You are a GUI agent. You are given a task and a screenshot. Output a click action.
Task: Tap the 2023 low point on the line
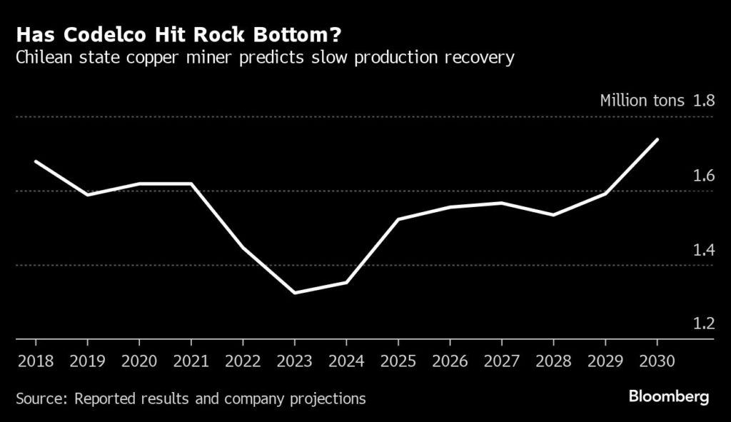coord(295,293)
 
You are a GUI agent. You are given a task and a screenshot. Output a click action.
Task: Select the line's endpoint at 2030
coord(657,139)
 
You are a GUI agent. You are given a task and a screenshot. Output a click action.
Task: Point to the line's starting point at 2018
coord(36,161)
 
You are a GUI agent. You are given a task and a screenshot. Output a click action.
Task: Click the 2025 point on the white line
coord(398,219)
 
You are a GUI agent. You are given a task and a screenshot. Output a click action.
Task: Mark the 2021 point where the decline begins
coord(191,184)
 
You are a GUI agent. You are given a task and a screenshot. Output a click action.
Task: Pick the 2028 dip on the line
coord(553,215)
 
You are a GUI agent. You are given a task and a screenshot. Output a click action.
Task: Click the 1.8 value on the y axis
coord(704,100)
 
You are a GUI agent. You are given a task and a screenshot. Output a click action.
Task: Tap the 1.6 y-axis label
coord(704,175)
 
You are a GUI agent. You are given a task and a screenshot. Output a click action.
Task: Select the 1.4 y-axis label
coord(704,249)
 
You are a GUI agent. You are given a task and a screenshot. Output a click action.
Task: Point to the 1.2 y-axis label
coord(704,323)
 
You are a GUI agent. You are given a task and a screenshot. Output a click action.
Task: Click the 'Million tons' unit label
coord(642,100)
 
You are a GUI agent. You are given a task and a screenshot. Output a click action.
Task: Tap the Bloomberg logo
coord(669,397)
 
